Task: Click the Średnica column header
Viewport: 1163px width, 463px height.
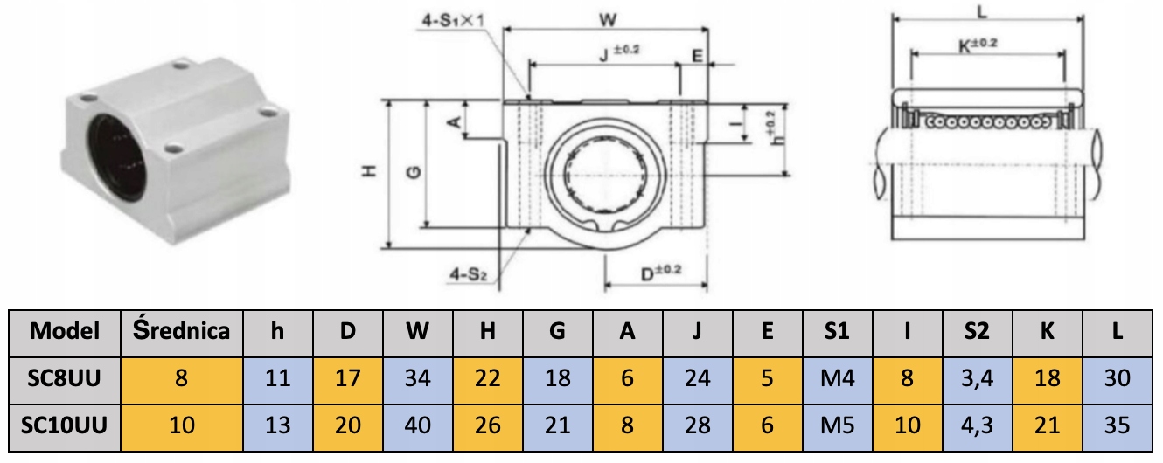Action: click(182, 332)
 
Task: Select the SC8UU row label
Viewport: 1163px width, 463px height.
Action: click(64, 378)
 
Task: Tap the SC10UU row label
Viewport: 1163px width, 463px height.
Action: click(64, 425)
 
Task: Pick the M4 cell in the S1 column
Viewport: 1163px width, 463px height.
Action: click(837, 378)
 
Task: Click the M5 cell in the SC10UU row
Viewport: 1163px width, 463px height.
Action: click(837, 425)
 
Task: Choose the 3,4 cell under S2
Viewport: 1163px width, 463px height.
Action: click(977, 378)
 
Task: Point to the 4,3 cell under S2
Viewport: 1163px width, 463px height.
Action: click(977, 425)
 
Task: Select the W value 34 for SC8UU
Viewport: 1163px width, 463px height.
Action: click(417, 378)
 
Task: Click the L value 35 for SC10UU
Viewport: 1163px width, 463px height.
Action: click(1117, 425)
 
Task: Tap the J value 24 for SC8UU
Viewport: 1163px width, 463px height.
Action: click(697, 378)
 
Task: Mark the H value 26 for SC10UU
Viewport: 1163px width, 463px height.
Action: click(487, 425)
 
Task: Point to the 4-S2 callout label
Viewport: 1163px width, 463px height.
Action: click(468, 274)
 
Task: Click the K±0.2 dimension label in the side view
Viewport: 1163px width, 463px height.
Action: click(978, 45)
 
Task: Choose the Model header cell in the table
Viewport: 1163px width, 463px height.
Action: click(64, 332)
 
